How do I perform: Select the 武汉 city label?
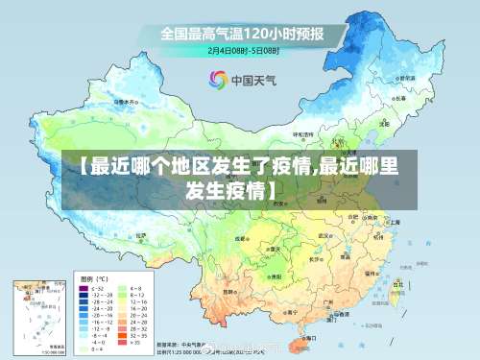click(325, 233)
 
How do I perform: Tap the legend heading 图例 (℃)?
click(92, 276)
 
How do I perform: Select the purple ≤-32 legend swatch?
click(82, 288)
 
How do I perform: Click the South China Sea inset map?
click(38, 317)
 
